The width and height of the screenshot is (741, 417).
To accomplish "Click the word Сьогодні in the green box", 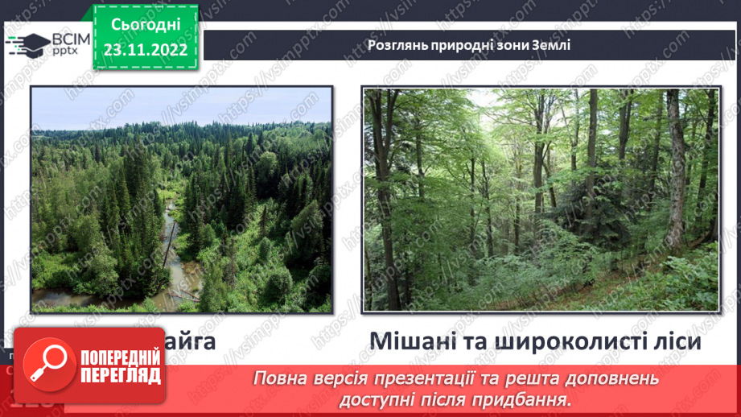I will click(146, 24).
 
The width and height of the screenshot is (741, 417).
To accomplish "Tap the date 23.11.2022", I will click(146, 50).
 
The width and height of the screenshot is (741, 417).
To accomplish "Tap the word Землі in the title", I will click(551, 45).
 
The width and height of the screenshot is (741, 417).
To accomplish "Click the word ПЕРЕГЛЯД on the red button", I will click(119, 376).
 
